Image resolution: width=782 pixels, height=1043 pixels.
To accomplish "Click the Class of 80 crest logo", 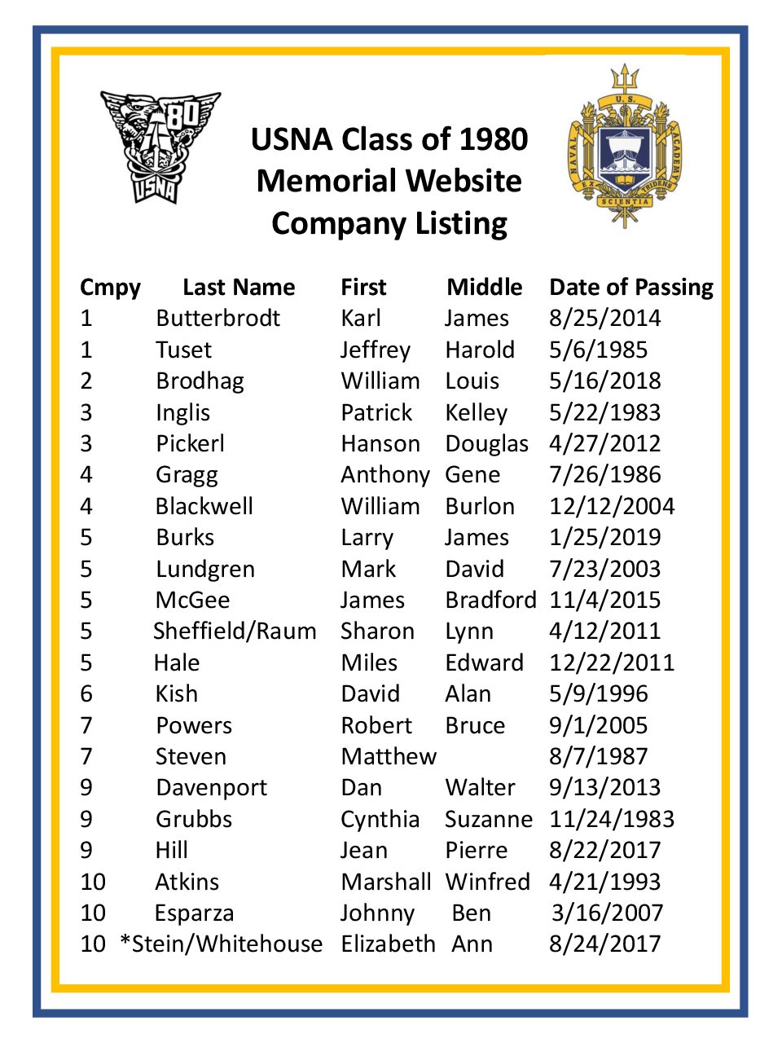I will click(x=160, y=147).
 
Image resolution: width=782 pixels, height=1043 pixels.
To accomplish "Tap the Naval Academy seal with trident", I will click(x=625, y=147).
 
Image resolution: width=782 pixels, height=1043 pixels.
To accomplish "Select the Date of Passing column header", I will click(x=631, y=287).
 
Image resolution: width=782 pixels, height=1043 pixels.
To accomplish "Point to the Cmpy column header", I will click(x=110, y=288).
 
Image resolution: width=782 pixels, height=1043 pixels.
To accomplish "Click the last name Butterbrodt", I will click(x=217, y=318).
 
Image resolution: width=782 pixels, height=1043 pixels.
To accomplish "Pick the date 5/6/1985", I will click(x=598, y=350).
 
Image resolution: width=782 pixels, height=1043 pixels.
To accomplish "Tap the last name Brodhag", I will click(x=200, y=381).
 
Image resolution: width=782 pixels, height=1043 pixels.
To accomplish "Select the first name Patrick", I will click(x=376, y=412).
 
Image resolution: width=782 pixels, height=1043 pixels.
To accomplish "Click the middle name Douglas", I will click(x=486, y=443).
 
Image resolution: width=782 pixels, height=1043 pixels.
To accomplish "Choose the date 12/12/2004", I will click(x=612, y=506).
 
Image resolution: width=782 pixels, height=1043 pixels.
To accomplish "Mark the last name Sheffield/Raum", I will click(x=235, y=631).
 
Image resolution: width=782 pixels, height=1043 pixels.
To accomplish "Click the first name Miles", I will click(x=369, y=662).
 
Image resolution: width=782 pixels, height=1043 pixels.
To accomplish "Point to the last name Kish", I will click(x=177, y=693).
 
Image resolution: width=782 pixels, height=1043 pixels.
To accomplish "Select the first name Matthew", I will click(x=389, y=756).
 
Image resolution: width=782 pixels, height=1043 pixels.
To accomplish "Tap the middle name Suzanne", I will click(x=489, y=819).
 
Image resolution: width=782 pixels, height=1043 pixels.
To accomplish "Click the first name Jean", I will click(x=364, y=850).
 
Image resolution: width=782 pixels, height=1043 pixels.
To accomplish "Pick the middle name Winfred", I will click(x=487, y=882).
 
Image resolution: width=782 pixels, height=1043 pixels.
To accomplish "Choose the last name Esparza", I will click(x=194, y=913).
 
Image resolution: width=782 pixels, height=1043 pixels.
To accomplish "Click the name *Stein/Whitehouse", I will click(x=221, y=944).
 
